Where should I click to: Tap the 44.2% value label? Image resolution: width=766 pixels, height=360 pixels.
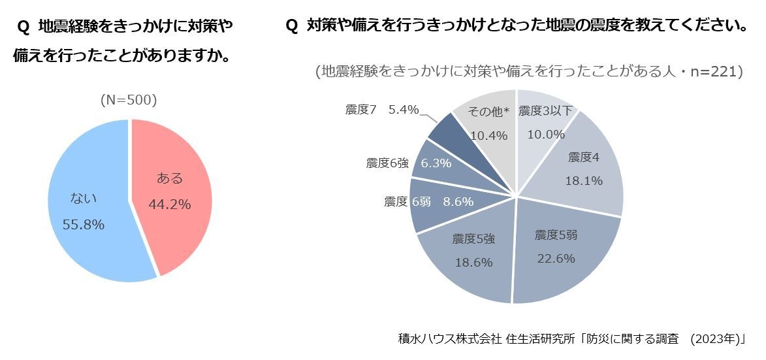click(170, 205)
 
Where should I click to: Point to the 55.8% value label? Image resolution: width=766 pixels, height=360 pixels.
click(84, 225)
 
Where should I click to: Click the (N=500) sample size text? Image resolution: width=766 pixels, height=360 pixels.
click(129, 100)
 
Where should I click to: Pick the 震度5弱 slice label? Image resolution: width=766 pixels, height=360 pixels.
click(556, 235)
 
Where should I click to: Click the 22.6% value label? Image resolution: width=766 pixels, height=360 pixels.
click(556, 258)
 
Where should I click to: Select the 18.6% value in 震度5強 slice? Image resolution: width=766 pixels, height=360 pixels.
click(473, 262)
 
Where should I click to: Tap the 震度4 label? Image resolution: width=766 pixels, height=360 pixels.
click(584, 157)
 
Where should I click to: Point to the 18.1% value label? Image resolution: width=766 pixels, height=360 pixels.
click(584, 181)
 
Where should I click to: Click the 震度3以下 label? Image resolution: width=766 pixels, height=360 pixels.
click(545, 111)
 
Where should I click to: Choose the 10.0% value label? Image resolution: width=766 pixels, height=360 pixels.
click(546, 135)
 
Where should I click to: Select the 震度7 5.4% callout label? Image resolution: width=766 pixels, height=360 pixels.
click(382, 110)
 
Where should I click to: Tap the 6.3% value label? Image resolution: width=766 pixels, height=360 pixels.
click(436, 163)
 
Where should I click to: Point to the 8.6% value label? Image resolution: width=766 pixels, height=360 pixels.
click(458, 202)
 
